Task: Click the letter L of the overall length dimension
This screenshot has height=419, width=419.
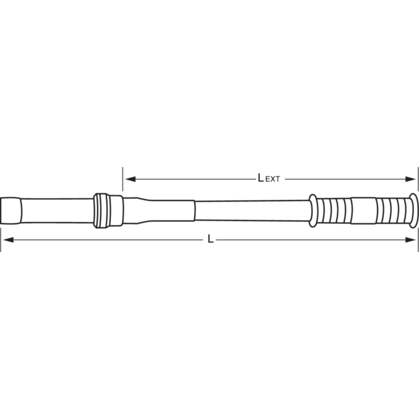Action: click(211, 239)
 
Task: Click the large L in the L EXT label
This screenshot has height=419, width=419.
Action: click(261, 178)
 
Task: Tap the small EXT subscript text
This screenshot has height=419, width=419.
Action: click(273, 179)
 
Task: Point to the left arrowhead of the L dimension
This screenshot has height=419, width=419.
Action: click(8, 240)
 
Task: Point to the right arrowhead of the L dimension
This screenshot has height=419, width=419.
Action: click(410, 240)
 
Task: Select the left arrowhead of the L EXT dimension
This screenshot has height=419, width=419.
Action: click(130, 179)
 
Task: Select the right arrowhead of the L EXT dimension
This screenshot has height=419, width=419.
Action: click(410, 179)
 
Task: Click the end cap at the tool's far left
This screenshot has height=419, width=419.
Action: click(10, 211)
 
